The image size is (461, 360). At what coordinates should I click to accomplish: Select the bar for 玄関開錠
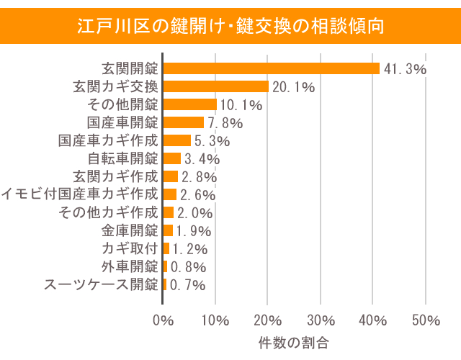coord(272,68)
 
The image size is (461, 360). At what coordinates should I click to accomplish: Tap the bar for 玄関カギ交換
coord(216,86)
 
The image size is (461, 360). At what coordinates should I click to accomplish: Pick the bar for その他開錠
coord(190,104)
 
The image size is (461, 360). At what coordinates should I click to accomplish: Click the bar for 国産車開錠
coord(184,122)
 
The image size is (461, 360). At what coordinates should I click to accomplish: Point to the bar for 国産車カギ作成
coord(177,140)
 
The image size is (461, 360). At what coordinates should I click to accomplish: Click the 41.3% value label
coord(405,69)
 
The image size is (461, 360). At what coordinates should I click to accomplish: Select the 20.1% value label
coord(293,87)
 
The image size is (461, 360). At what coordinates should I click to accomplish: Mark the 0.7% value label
coord(187,285)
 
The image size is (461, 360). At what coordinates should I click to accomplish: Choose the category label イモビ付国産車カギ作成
coord(79,194)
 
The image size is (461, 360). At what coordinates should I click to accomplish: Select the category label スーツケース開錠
coord(101,284)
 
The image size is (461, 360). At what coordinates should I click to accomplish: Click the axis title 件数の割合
coord(294,343)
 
